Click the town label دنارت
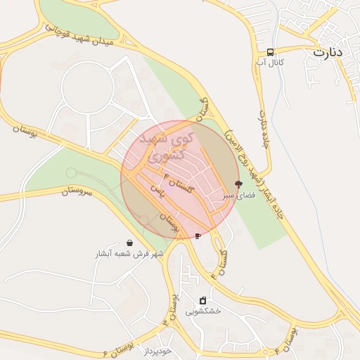click(x=328, y=53)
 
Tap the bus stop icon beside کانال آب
click(x=271, y=52)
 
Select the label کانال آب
click(x=270, y=63)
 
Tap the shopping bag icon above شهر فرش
click(x=129, y=243)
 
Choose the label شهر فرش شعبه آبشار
click(x=129, y=253)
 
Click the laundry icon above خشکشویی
click(x=203, y=300)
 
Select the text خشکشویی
click(x=203, y=311)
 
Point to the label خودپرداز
click(x=155, y=350)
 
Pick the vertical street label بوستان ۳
click(x=172, y=309)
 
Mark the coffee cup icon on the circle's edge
click(x=198, y=236)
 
